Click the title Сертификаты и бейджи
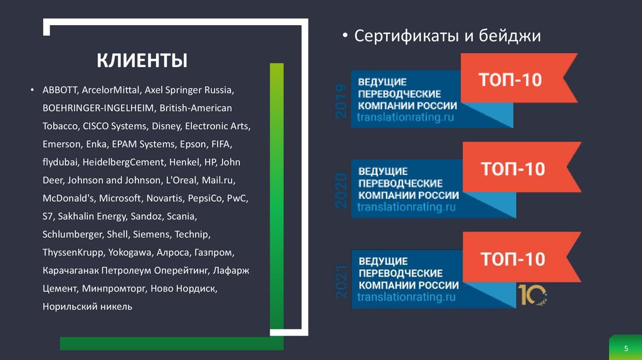447,36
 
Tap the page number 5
625,348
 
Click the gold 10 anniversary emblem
532,294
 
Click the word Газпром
214,253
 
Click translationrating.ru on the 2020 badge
406,207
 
